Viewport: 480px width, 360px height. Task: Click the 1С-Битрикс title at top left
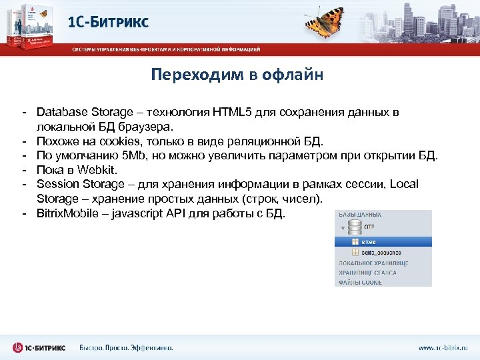pyautogui.click(x=109, y=21)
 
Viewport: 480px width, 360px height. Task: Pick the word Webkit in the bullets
pyautogui.click(x=97, y=170)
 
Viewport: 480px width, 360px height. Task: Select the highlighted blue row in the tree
pyautogui.click(x=383, y=241)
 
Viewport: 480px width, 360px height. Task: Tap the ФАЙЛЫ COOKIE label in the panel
pyautogui.click(x=360, y=282)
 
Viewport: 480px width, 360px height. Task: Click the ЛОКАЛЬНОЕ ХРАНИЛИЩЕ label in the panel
pyautogui.click(x=373, y=263)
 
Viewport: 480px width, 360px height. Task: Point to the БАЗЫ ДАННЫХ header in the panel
pyautogui.click(x=361, y=214)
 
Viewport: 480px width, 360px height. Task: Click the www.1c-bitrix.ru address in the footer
pyautogui.click(x=443, y=347)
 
